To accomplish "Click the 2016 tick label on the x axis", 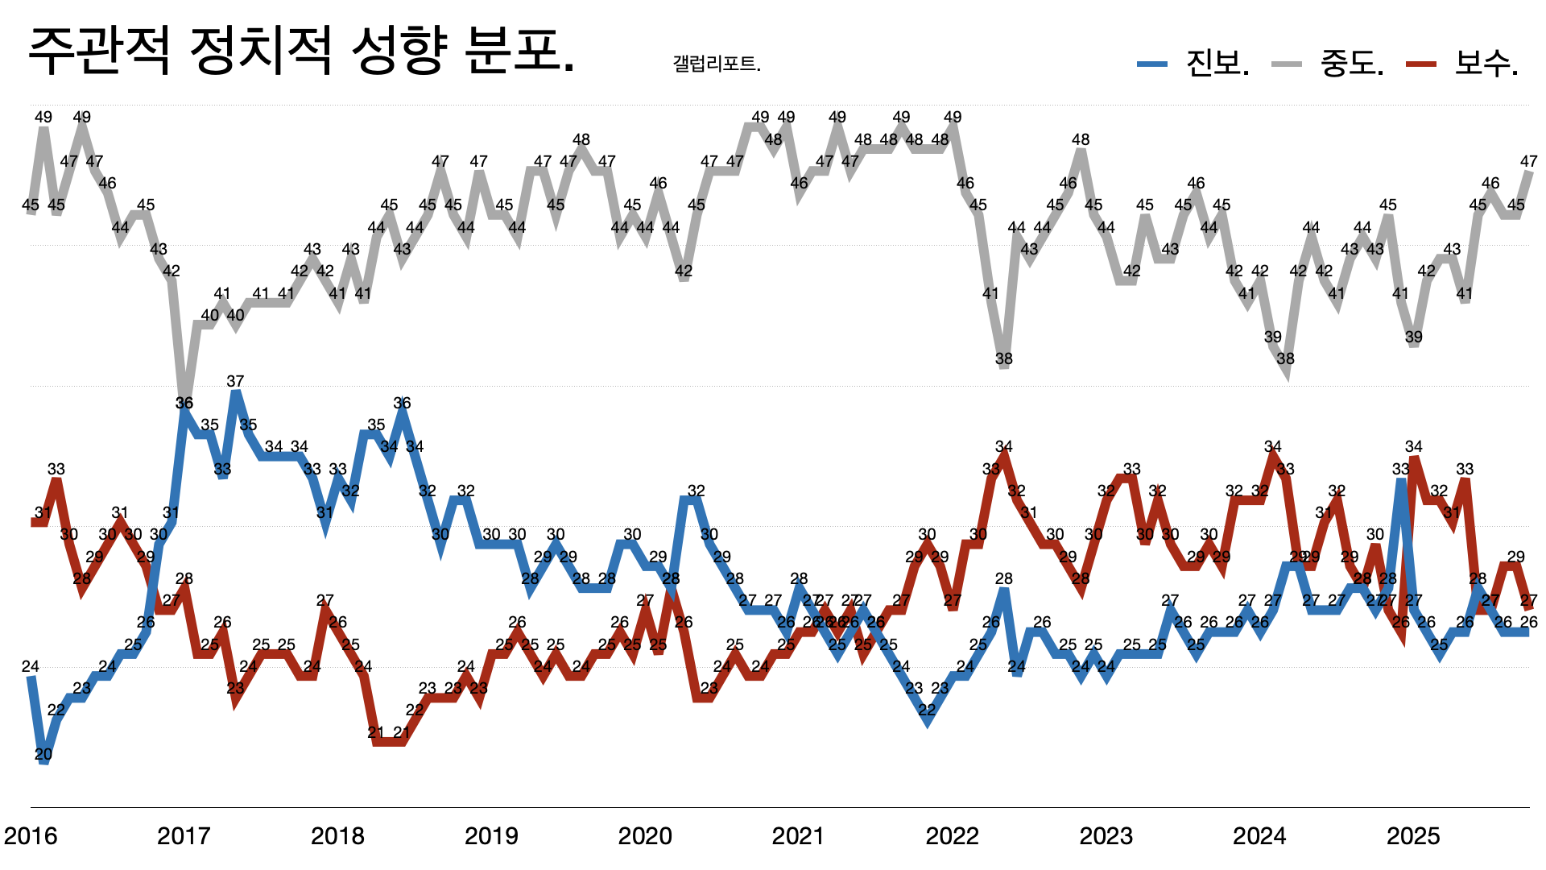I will (x=31, y=836).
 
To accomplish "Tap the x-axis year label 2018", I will (x=337, y=836).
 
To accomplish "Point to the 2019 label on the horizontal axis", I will (x=491, y=836).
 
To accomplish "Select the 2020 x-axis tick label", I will (x=645, y=836).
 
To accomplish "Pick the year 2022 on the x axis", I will (x=952, y=836).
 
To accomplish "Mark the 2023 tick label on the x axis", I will (x=1106, y=836).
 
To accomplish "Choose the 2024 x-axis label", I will (x=1259, y=836).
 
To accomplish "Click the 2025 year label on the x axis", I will (x=1413, y=836).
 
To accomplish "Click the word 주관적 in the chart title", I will (x=99, y=52).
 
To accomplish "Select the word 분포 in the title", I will (x=515, y=52).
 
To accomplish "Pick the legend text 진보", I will (x=1216, y=63).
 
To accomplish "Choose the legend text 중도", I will (x=1351, y=63).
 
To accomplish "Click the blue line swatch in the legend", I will (x=1152, y=64).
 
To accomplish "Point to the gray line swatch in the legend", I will (x=1287, y=64).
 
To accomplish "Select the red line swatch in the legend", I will (x=1421, y=64).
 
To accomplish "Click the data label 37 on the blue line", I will (x=235, y=381).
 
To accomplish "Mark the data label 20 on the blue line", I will (x=43, y=755).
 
